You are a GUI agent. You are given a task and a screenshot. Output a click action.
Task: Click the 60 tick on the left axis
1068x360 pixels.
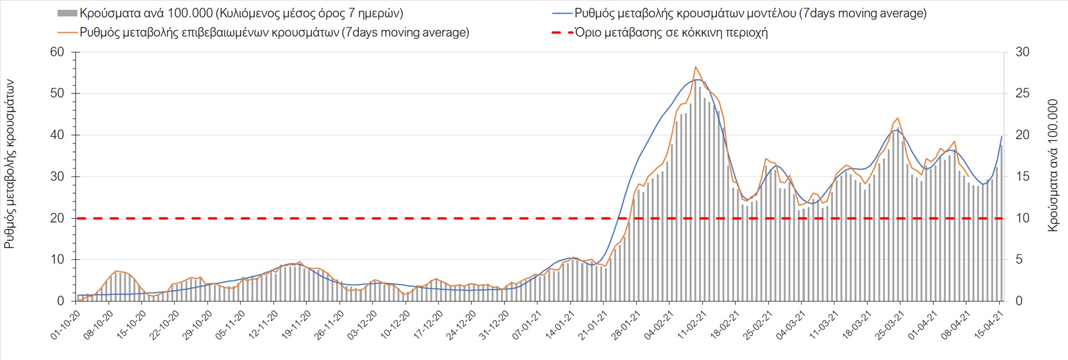tap(57, 52)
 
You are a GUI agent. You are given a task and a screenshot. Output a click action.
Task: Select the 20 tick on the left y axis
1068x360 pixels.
tap(57, 218)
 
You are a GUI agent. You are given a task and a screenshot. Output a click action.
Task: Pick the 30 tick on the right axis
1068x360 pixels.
tap(1022, 52)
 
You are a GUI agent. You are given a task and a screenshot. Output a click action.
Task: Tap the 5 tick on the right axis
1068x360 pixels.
tap(1019, 260)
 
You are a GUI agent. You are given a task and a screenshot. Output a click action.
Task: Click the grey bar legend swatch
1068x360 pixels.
tap(67, 13)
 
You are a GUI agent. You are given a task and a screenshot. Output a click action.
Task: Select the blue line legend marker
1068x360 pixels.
tap(562, 13)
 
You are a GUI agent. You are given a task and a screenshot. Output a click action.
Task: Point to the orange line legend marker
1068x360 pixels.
tap(67, 32)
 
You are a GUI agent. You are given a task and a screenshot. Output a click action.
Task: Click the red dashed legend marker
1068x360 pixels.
tap(562, 32)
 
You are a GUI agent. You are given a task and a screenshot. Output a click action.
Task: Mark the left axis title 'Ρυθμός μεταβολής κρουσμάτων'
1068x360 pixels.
tap(9, 164)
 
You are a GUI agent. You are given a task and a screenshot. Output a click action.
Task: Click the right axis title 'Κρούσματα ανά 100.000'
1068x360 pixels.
tap(1052, 165)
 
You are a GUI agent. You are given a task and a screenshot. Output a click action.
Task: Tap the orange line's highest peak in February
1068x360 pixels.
tap(695, 67)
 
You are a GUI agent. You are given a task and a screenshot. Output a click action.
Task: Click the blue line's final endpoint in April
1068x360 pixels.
tap(1002, 136)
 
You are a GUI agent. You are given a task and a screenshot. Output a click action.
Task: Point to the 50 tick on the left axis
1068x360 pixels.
tap(57, 93)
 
